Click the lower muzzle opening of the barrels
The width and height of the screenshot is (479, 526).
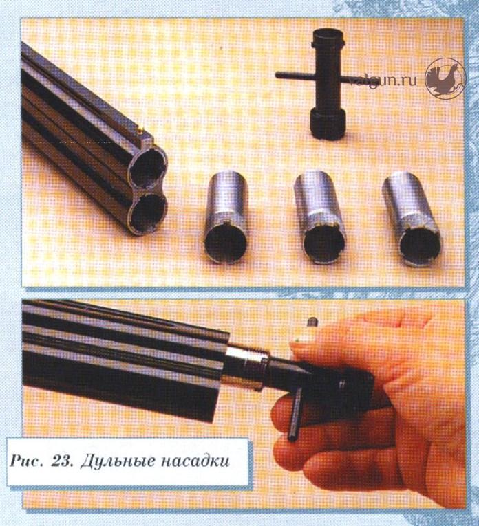(x=149, y=211)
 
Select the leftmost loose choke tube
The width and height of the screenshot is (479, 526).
(x=226, y=217)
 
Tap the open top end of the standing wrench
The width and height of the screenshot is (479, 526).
(x=328, y=36)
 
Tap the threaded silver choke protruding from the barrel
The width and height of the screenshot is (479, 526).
(x=246, y=368)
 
